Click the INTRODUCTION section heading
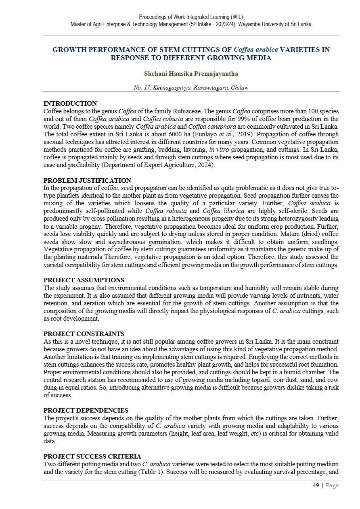point(70,104)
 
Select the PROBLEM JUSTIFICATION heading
point(87,181)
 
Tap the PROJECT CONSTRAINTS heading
point(84,334)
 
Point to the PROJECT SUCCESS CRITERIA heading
point(92,457)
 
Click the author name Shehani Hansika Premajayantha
point(191,74)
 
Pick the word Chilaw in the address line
point(239,88)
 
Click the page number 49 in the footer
point(316,486)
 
